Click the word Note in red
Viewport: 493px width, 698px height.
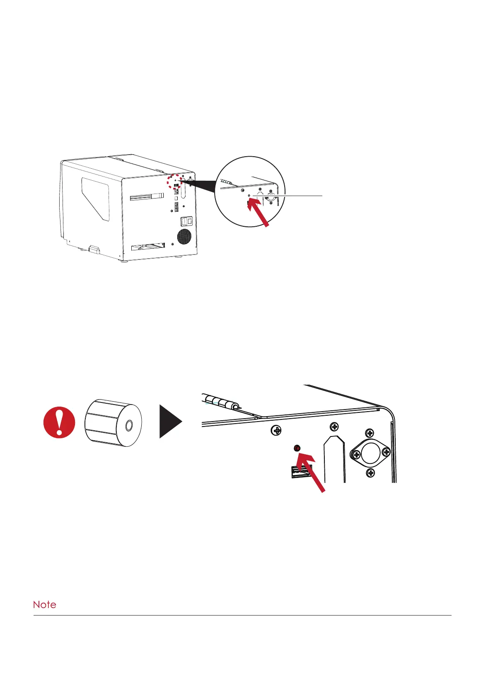coord(44,604)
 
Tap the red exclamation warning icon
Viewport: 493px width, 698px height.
coord(59,422)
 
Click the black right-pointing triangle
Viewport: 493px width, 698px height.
coord(169,422)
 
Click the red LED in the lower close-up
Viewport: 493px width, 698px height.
coord(297,448)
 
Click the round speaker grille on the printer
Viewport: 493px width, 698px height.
coord(184,237)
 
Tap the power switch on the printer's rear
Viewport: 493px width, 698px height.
coord(186,222)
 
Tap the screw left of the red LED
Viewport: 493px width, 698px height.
coord(276,431)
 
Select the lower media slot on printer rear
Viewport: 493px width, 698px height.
coord(148,247)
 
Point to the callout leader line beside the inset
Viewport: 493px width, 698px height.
coord(290,195)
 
